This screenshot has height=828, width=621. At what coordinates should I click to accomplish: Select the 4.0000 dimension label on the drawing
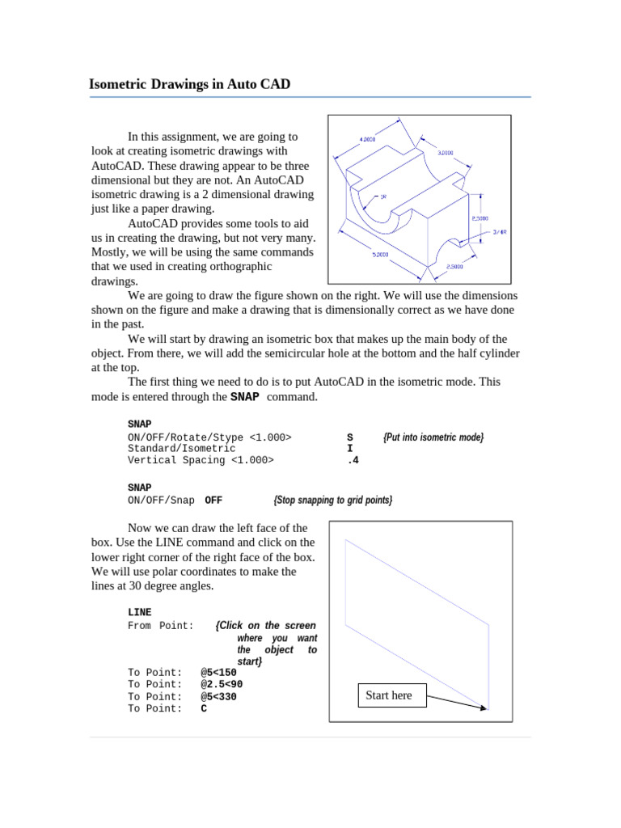(367, 139)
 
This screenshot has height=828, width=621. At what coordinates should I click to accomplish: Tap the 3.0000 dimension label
(445, 152)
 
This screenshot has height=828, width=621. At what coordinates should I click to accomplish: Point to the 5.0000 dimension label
(380, 254)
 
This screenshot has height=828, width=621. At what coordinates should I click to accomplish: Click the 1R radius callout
(382, 196)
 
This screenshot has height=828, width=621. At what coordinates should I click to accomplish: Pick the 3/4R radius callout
(500, 232)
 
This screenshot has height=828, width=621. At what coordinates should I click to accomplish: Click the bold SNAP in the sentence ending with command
(245, 397)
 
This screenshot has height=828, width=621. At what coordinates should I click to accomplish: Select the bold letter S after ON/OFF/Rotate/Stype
(349, 437)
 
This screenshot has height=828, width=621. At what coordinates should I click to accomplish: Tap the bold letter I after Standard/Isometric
(349, 449)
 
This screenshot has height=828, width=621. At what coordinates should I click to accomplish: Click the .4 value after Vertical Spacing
(352, 460)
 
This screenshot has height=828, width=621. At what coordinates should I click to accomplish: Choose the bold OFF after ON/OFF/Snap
(213, 501)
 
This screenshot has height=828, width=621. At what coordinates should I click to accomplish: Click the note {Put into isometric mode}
(433, 437)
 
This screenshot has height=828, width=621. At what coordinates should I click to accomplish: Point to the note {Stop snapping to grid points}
(333, 501)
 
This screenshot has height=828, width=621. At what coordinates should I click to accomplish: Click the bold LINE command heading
(140, 613)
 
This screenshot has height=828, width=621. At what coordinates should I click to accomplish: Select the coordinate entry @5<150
(218, 672)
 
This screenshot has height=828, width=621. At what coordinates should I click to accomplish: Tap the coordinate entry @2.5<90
(222, 684)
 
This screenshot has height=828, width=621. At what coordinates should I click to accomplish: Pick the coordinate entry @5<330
(218, 696)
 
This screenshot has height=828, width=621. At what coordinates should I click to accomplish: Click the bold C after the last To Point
(204, 709)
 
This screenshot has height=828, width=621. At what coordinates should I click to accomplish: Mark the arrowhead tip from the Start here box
(488, 709)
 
